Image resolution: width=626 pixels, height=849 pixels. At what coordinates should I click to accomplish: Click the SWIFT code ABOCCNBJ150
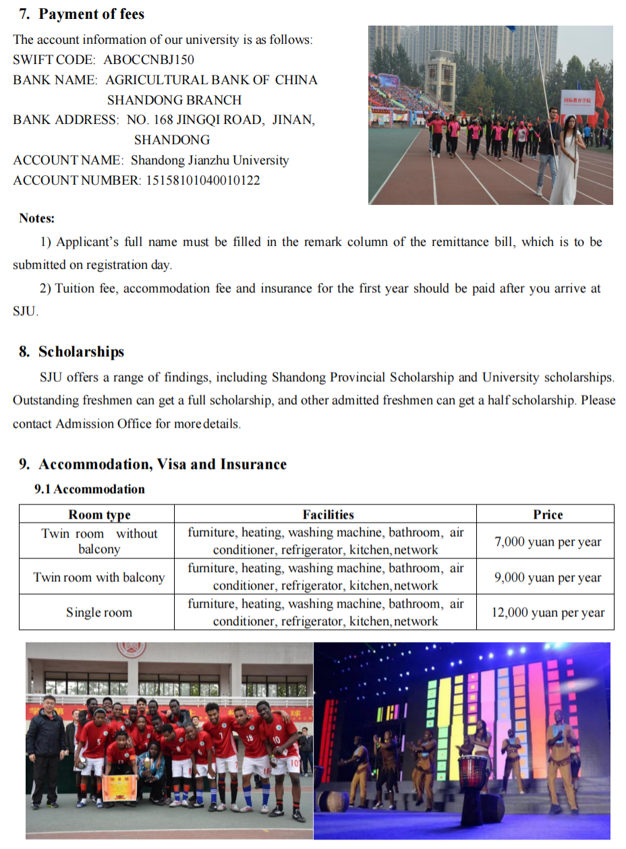point(148,60)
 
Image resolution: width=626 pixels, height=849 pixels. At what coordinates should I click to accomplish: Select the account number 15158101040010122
point(202,181)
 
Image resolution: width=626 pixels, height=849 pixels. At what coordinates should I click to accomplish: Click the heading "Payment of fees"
point(91,14)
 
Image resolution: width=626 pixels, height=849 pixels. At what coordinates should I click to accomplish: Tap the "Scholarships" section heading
point(81,352)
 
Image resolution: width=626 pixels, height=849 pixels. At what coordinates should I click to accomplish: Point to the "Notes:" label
point(37,218)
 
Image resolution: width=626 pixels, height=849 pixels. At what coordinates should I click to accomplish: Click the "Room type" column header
point(99,515)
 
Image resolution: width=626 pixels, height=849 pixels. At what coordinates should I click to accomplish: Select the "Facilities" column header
point(328,515)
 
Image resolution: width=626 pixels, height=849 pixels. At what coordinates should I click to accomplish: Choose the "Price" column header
point(547,515)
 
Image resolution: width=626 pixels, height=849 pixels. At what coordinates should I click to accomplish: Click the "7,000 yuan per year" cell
point(547,541)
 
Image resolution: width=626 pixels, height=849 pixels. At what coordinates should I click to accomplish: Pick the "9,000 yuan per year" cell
point(547,577)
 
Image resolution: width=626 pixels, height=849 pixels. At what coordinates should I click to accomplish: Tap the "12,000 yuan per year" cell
point(547,613)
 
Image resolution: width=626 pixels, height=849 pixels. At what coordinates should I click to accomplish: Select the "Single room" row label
point(99,613)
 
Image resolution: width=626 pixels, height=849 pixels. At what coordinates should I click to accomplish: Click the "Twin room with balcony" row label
point(99,577)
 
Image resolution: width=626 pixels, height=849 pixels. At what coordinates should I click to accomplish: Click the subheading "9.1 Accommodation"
point(89,489)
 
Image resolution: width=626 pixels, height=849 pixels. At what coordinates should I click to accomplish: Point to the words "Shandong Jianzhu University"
point(210,160)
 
